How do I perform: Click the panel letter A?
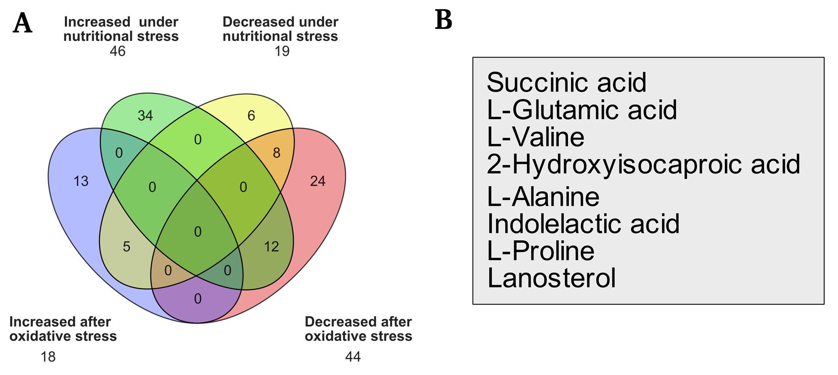[x=22, y=23]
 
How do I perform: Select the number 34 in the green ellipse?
[x=145, y=115]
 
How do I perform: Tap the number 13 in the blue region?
[x=81, y=181]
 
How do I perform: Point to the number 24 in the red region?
[x=318, y=181]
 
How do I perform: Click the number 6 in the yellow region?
[x=252, y=115]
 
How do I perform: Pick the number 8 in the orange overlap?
[x=276, y=153]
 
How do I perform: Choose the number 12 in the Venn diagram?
[x=271, y=246]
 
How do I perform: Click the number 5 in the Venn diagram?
[x=126, y=246]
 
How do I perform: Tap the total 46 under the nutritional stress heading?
[x=117, y=51]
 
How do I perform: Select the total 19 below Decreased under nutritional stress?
[x=282, y=51]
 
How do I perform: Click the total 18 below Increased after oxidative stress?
[x=48, y=357]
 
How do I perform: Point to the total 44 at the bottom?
[x=353, y=357]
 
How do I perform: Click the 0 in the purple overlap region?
[x=198, y=298]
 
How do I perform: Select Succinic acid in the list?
[x=567, y=82]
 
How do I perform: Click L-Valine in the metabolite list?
[x=536, y=137]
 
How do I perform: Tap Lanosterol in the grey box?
[x=552, y=278]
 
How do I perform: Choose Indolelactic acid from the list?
[x=583, y=224]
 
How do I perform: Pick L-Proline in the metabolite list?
[x=541, y=251]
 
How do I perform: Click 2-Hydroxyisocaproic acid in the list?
[x=644, y=164]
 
